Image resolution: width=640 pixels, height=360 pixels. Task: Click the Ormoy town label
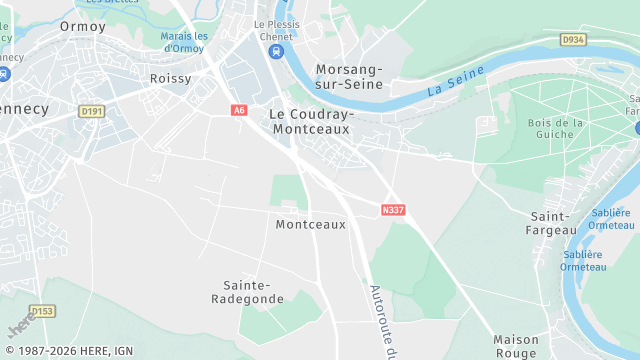click(82, 26)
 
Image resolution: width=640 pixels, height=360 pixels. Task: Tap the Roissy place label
click(170, 78)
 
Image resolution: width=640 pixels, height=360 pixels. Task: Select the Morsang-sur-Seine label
click(349, 76)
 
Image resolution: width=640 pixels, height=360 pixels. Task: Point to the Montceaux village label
click(310, 225)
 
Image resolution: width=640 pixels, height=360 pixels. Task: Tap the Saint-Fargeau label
click(552, 223)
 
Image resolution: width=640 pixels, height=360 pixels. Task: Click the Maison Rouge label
click(516, 346)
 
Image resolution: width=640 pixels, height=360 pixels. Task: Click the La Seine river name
click(455, 81)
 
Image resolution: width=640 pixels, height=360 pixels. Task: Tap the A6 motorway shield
click(238, 110)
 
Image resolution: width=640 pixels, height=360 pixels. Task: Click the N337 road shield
click(393, 210)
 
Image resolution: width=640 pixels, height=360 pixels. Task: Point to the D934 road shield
click(571, 40)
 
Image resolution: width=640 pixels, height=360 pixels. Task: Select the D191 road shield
click(91, 111)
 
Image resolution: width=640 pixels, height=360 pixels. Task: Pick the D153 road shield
click(42, 311)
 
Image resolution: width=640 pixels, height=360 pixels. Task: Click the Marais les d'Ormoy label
click(183, 42)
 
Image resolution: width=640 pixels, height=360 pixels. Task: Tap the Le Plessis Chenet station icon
click(277, 51)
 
